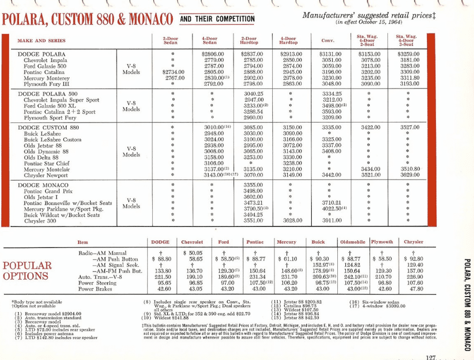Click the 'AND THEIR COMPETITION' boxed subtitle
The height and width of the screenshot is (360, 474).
tap(217, 19)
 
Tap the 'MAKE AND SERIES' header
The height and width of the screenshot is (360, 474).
tap(42, 40)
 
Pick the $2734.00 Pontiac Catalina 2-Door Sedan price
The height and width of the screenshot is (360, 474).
tap(174, 72)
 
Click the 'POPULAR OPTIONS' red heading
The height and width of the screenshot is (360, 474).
tap(27, 270)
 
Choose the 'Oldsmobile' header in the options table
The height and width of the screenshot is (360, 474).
tap(354, 242)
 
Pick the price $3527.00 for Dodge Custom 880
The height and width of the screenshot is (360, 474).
tap(409, 127)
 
